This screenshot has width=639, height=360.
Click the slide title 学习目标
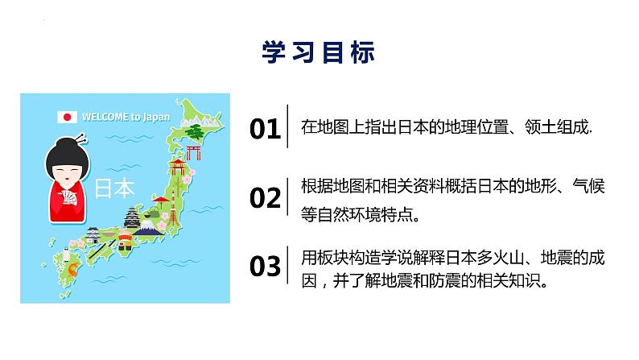(x=319, y=53)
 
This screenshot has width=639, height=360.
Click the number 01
(x=265, y=128)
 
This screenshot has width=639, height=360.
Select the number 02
(x=265, y=197)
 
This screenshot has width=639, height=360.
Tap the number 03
(x=265, y=267)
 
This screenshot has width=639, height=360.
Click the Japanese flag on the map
(x=67, y=117)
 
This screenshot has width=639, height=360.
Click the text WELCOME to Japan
(x=126, y=117)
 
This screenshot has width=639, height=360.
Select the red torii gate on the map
(x=192, y=152)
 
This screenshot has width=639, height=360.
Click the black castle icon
(x=133, y=218)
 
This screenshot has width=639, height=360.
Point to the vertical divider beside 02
(x=288, y=197)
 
